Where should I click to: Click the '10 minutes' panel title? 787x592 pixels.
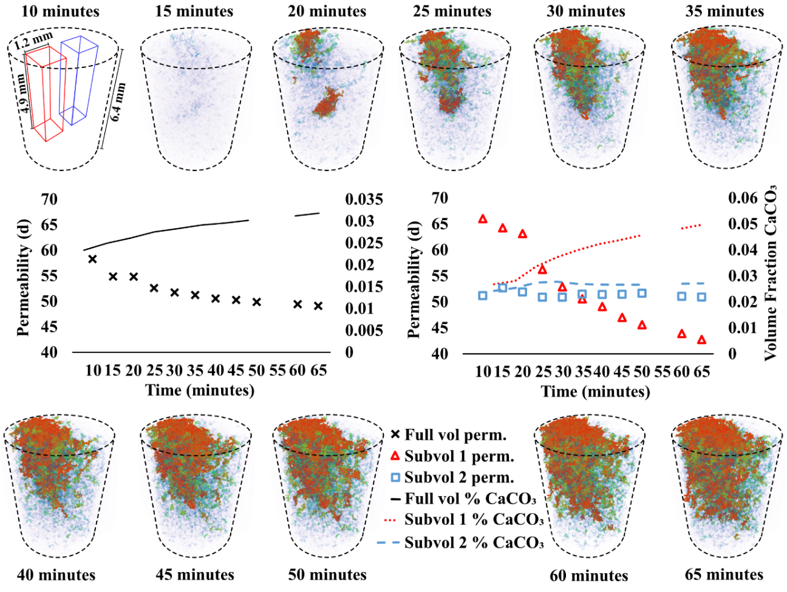60,11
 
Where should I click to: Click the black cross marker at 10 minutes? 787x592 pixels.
92,259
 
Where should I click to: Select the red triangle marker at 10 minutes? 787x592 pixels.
483,219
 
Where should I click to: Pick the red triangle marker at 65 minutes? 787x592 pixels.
702,340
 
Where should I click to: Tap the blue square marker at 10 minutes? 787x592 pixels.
483,295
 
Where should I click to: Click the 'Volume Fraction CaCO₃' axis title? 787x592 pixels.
771,273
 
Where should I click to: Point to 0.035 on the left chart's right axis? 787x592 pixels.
364,200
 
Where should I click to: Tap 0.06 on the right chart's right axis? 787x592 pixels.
743,198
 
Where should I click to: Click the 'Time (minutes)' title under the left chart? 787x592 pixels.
199,389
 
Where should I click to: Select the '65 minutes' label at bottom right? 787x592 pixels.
724,574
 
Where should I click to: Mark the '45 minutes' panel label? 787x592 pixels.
195,574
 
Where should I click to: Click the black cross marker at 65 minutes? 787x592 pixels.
318,306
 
